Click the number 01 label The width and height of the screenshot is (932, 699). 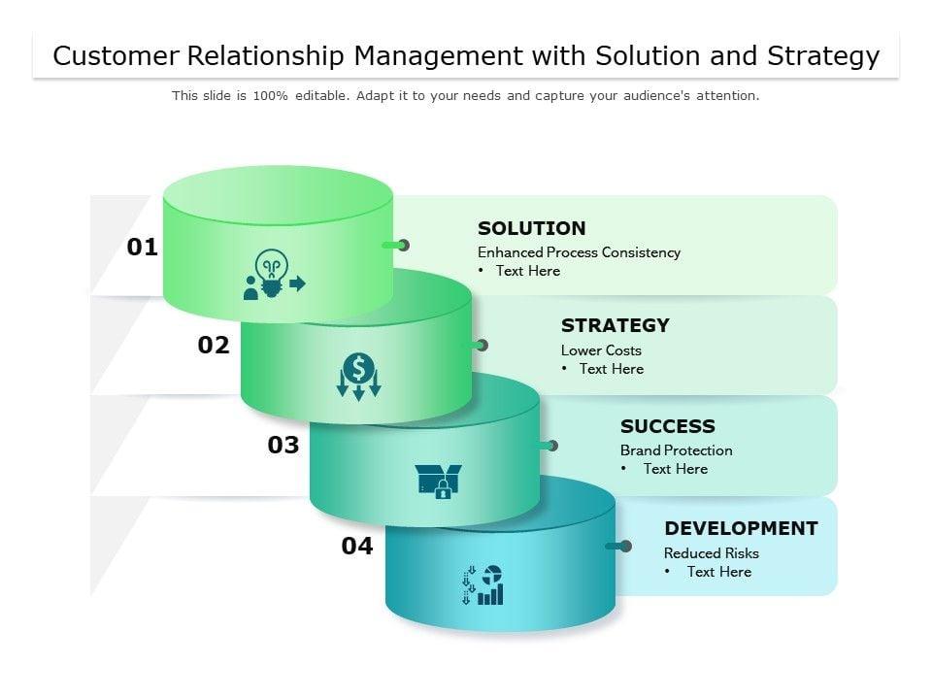click(x=142, y=247)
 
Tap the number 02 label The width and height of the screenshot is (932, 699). click(x=214, y=345)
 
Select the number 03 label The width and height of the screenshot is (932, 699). click(x=283, y=445)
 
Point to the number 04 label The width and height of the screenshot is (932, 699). click(x=357, y=546)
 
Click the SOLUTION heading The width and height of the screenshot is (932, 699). click(x=531, y=228)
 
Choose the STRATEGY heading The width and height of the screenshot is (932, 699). click(x=616, y=326)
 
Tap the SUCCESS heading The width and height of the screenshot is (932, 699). click(x=668, y=426)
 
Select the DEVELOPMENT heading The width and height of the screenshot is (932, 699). click(x=741, y=528)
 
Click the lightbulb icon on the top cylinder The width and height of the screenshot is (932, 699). click(x=274, y=274)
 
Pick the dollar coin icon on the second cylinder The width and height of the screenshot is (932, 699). click(x=358, y=377)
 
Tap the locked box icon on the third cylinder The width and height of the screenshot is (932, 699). click(x=439, y=481)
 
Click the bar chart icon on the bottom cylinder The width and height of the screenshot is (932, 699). click(x=483, y=584)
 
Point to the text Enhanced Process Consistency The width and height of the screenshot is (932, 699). click(x=579, y=252)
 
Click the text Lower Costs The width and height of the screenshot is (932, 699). click(x=601, y=350)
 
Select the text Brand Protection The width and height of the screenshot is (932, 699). click(x=677, y=450)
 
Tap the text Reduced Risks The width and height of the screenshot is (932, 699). click(x=712, y=553)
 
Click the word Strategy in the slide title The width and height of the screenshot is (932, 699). click(x=823, y=56)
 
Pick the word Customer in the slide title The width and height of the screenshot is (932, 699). click(x=116, y=56)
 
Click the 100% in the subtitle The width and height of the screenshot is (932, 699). click(x=271, y=96)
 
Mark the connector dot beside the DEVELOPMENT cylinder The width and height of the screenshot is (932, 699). click(x=625, y=547)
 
